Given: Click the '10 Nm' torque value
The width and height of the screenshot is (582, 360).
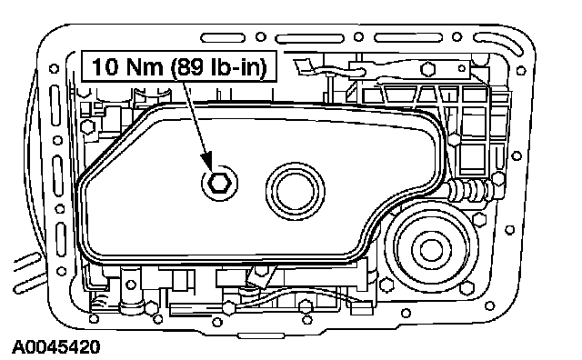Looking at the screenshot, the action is (127, 66).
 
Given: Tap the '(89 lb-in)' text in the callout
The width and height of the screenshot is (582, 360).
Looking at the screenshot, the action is (218, 67).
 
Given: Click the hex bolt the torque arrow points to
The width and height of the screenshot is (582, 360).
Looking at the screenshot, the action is (219, 182).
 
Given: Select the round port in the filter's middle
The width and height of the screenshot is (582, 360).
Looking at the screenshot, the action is (296, 191).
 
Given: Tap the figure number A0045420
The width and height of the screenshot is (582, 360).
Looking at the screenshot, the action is (56, 347).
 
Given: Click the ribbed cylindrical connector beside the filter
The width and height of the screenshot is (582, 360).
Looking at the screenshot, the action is (468, 190).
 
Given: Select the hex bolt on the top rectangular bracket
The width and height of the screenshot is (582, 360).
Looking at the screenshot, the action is (427, 69).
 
